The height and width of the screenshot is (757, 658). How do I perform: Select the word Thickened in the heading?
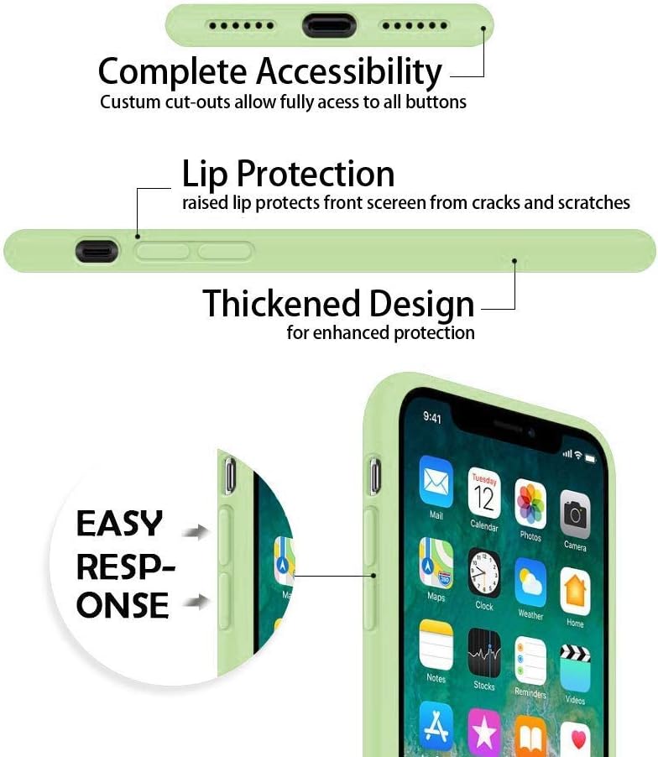271,304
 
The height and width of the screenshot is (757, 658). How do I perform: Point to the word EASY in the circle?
120,524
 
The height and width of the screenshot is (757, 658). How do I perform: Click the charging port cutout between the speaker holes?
330,25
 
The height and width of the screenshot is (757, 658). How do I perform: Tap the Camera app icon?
575,514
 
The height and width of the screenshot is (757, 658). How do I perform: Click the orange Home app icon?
575,593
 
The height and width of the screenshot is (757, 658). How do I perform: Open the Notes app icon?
436,644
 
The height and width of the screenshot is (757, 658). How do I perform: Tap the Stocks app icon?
484,653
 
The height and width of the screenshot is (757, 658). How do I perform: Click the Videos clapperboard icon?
575,668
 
